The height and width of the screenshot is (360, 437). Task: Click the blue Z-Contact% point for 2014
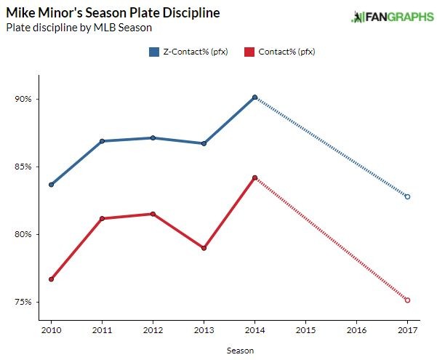pos(254,97)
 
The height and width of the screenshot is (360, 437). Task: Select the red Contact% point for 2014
pos(254,177)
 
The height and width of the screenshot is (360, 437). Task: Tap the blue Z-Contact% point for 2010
pos(52,185)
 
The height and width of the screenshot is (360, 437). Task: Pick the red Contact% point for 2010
pos(52,279)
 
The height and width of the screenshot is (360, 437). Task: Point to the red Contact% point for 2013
pos(204,248)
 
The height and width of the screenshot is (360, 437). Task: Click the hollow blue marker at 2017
pos(407,196)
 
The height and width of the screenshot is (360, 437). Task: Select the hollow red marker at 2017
pos(407,300)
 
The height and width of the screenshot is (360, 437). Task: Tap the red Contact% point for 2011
pos(103,218)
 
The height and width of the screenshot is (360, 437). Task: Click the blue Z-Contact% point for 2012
pos(153,137)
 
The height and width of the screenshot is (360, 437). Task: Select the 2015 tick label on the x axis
pos(305,331)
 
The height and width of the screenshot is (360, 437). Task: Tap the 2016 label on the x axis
pos(356,331)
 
